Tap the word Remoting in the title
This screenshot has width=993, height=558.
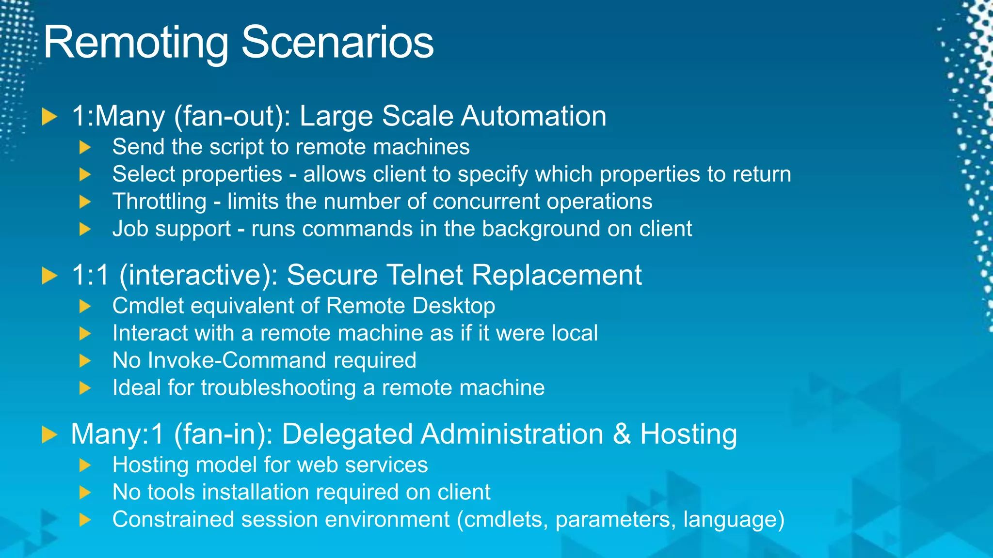click(x=136, y=44)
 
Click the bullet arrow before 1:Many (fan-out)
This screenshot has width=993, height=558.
click(x=49, y=117)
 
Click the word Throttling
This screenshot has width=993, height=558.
click(x=160, y=202)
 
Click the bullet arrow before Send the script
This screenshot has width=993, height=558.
click(x=85, y=147)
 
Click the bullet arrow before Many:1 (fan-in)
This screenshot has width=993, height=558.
click(x=49, y=434)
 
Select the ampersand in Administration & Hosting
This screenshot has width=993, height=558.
click(x=622, y=434)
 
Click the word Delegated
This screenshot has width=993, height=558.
click(x=347, y=434)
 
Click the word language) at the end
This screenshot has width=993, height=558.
click(x=733, y=520)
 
